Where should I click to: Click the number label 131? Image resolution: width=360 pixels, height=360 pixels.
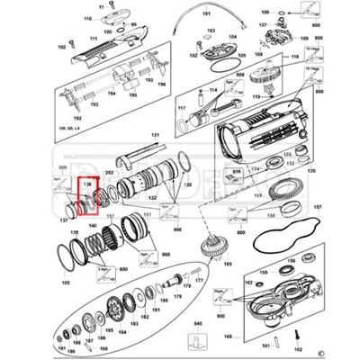tap(154, 135)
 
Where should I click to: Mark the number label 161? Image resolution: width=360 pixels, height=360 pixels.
tap(265, 343)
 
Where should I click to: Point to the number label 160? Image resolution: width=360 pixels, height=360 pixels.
tap(228, 337)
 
